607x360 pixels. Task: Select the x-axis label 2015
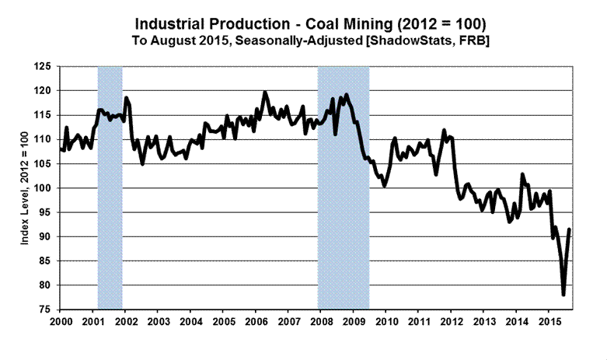[x=549, y=321]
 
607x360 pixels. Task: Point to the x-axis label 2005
[x=222, y=321]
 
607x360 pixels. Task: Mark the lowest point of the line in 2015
[x=563, y=295]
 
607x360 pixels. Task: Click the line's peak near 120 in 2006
[x=265, y=93]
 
